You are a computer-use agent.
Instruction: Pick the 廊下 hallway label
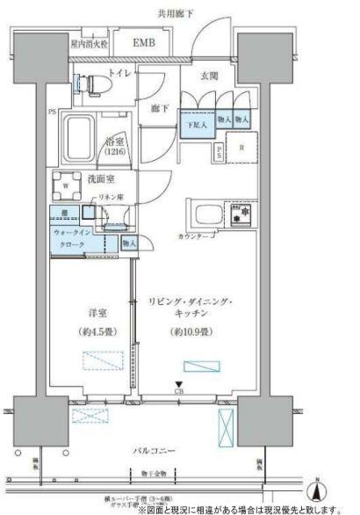[160, 108]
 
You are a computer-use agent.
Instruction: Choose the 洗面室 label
[105, 180]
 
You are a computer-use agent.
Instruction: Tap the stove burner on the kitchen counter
[241, 214]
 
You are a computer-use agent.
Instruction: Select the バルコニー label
[155, 452]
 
